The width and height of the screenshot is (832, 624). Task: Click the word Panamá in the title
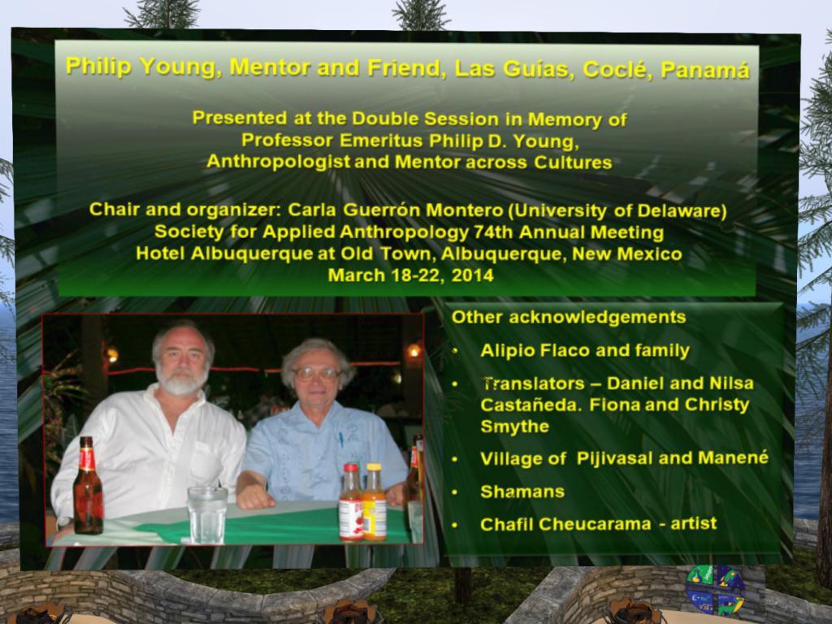705,70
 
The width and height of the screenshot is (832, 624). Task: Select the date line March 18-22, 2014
410,275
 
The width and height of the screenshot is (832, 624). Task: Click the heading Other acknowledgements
568,317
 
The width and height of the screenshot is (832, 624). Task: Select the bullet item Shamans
522,492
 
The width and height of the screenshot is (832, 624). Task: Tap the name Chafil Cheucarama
565,524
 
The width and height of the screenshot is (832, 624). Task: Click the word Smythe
514,427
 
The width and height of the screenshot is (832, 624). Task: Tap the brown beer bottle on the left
88,486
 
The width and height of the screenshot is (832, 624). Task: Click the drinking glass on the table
207,514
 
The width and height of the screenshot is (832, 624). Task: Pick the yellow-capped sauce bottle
375,502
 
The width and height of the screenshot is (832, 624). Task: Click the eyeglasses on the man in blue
316,374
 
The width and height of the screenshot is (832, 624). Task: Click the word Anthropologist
278,162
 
